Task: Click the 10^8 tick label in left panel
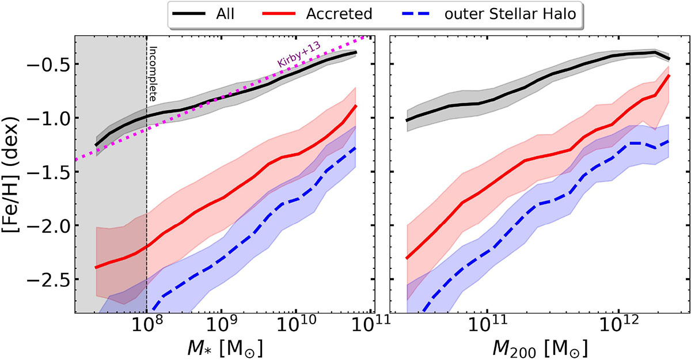pyautogui.click(x=147, y=328)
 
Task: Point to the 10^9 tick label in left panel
pyautogui.click(x=221, y=328)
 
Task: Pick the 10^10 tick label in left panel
pyautogui.click(x=297, y=328)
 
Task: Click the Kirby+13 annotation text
pyautogui.click(x=299, y=58)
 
